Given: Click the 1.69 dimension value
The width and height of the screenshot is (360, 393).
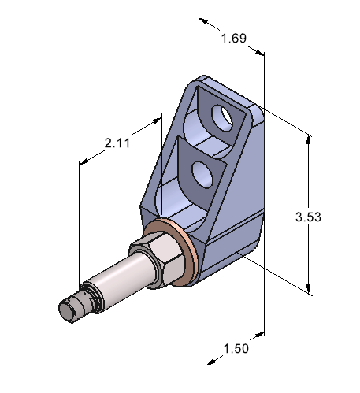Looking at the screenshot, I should [x=232, y=38].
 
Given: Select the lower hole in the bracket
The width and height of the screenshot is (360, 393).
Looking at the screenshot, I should [x=202, y=175].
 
